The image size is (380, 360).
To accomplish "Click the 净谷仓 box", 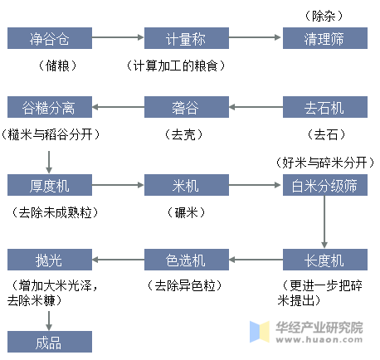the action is (50, 38).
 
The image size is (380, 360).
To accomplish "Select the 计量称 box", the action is (187, 38).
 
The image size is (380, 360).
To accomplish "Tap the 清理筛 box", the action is (325, 38).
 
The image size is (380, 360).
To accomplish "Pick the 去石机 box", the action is (325, 107).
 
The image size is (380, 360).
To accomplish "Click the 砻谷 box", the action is (187, 107).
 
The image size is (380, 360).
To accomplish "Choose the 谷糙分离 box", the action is (50, 107).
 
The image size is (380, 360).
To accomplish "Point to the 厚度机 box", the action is (50, 185).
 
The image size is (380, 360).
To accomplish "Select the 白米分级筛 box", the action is (325, 185).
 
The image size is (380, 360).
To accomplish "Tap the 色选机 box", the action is (187, 260).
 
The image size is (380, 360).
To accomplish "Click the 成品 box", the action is (50, 342).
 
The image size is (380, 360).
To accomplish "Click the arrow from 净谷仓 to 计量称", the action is (118, 37).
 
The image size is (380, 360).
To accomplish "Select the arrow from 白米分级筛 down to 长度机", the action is (324, 222).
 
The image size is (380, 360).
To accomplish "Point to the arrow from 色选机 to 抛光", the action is (118, 260).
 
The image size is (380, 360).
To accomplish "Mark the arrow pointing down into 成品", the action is (49, 321).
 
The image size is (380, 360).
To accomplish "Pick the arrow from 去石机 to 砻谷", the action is (256, 107).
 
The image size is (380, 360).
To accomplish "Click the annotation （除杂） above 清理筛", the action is (324, 16).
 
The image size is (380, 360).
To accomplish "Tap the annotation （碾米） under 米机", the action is (186, 212).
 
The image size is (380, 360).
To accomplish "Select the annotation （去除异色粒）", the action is (185, 285).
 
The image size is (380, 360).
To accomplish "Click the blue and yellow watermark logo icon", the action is (260, 332).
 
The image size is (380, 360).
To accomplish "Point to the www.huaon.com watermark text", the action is (319, 339).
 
